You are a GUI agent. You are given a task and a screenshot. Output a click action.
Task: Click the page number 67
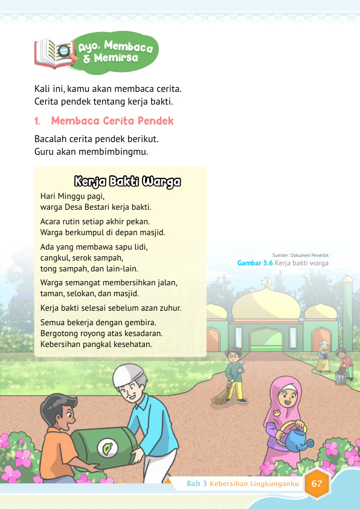tap(317, 484)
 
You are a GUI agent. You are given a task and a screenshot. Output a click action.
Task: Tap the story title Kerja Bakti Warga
tap(127, 181)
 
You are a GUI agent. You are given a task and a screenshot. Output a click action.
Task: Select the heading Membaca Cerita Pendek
tap(112, 121)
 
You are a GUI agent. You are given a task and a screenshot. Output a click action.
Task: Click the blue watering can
tap(298, 437)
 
